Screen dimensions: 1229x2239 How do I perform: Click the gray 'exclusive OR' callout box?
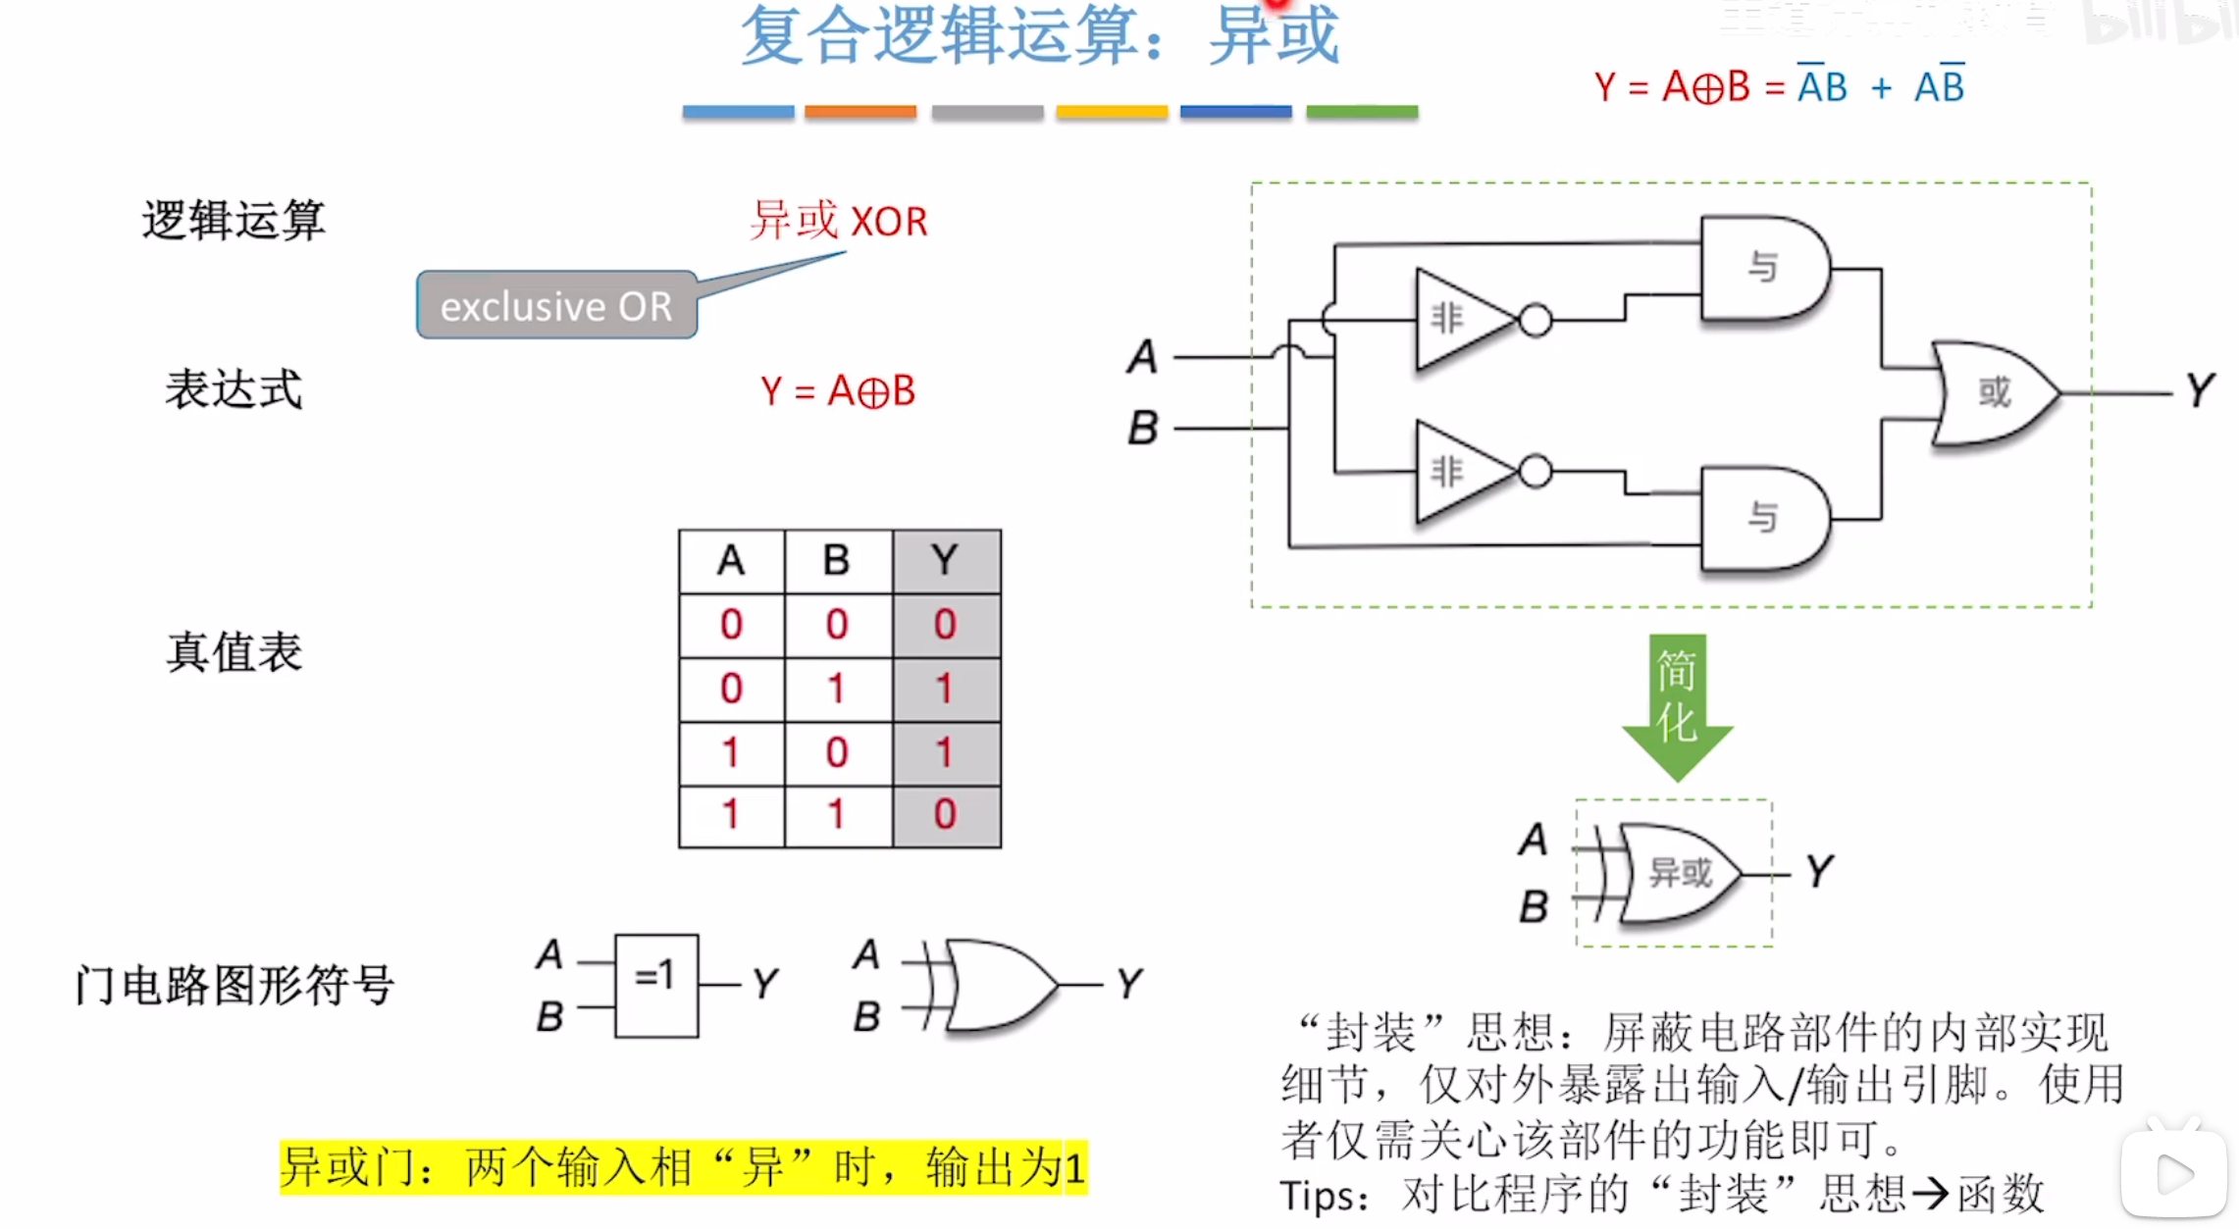(556, 305)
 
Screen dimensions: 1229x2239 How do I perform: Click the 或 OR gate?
(1992, 393)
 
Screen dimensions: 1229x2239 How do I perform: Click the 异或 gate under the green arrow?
(1678, 873)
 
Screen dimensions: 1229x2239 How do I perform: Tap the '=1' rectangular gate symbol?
(656, 986)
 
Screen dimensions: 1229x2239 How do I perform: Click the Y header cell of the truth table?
(946, 561)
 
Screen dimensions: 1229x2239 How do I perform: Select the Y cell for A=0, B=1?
(946, 689)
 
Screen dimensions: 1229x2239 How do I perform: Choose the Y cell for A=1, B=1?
(946, 814)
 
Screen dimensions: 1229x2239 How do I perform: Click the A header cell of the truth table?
(731, 561)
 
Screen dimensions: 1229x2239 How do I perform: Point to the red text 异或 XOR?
(838, 221)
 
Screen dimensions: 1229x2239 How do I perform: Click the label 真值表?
(234, 652)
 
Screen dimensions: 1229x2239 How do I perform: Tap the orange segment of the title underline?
(860, 112)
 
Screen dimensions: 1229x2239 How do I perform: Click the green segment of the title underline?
(1362, 112)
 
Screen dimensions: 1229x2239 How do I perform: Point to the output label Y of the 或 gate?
(2200, 390)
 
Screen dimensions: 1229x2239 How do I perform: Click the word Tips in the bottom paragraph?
(1321, 1196)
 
